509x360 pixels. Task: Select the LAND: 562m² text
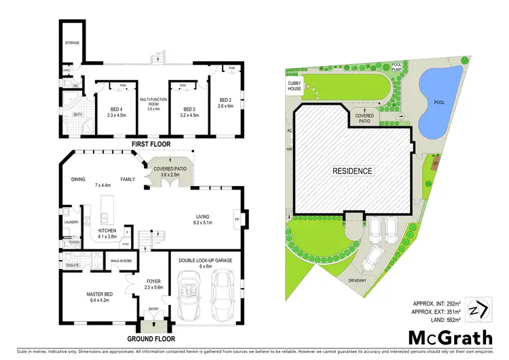pyautogui.click(x=440, y=319)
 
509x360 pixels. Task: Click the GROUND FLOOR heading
pyautogui.click(x=150, y=338)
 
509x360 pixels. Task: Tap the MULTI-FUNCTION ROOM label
pyautogui.click(x=153, y=103)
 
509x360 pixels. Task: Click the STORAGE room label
pyautogui.click(x=73, y=43)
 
